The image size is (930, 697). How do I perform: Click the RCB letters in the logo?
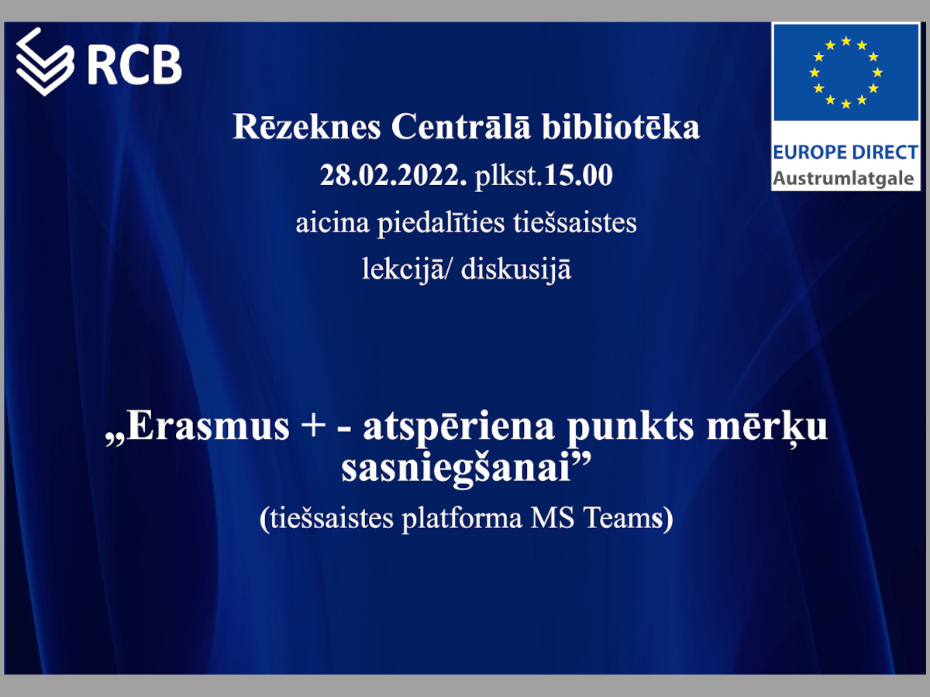tap(135, 64)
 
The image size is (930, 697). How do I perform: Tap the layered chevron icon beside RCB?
tap(45, 62)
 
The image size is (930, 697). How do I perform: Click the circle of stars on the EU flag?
tap(846, 72)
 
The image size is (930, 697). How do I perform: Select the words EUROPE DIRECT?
tap(846, 153)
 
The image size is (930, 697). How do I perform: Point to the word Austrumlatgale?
tap(843, 179)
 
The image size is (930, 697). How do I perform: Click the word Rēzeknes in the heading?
tap(307, 126)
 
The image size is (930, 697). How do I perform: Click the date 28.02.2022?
tap(393, 175)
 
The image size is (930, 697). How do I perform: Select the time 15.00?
tap(578, 175)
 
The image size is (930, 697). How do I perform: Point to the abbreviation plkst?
tap(508, 176)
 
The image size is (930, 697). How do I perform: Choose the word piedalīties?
tap(441, 224)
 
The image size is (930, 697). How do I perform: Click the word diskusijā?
tap(516, 270)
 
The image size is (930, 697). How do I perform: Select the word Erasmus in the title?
tap(208, 426)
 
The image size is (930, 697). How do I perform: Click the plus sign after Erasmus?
tap(312, 427)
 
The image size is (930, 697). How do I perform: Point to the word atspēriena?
tap(459, 427)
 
